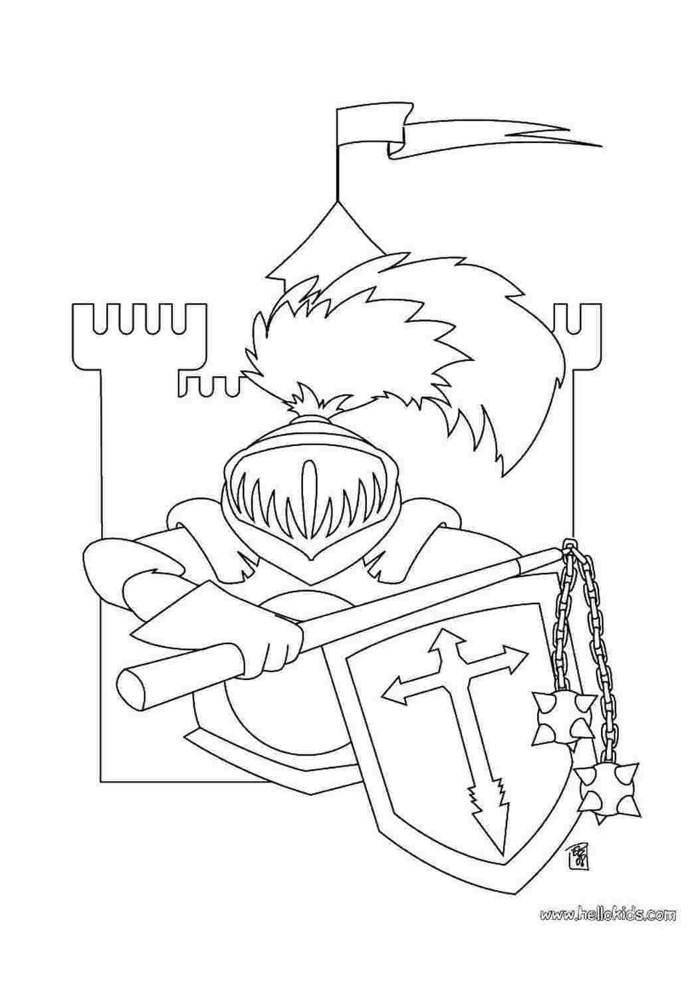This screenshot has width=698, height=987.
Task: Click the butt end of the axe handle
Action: pyautogui.click(x=132, y=692)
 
